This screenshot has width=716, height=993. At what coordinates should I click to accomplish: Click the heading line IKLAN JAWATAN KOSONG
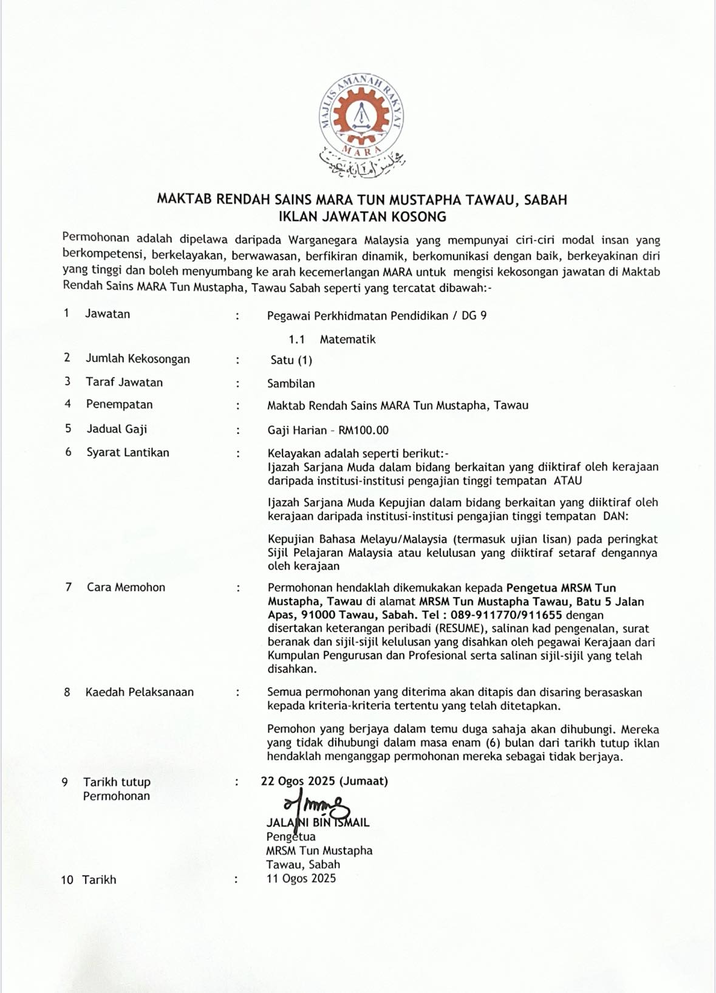(x=362, y=217)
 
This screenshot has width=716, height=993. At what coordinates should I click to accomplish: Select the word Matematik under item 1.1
(x=347, y=340)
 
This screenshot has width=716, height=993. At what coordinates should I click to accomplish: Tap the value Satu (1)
(x=291, y=360)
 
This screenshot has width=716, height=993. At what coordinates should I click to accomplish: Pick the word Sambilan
(x=291, y=384)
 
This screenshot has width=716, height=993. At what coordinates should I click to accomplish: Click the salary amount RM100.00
(x=363, y=431)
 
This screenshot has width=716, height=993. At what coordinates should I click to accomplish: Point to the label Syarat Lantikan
(x=128, y=452)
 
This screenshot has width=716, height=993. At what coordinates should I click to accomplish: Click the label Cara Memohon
(x=126, y=587)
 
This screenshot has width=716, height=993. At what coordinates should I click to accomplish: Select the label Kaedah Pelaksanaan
(x=140, y=692)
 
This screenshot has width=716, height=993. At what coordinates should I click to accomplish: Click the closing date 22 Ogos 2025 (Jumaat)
(x=324, y=781)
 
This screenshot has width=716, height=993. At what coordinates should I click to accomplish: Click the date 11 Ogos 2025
(x=301, y=878)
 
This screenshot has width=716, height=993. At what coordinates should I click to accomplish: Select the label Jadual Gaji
(x=117, y=429)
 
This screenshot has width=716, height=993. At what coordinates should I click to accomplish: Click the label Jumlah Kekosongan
(x=137, y=359)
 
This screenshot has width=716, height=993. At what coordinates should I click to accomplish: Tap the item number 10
(x=67, y=879)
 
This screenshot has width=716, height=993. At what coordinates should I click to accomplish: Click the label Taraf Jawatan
(x=124, y=382)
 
